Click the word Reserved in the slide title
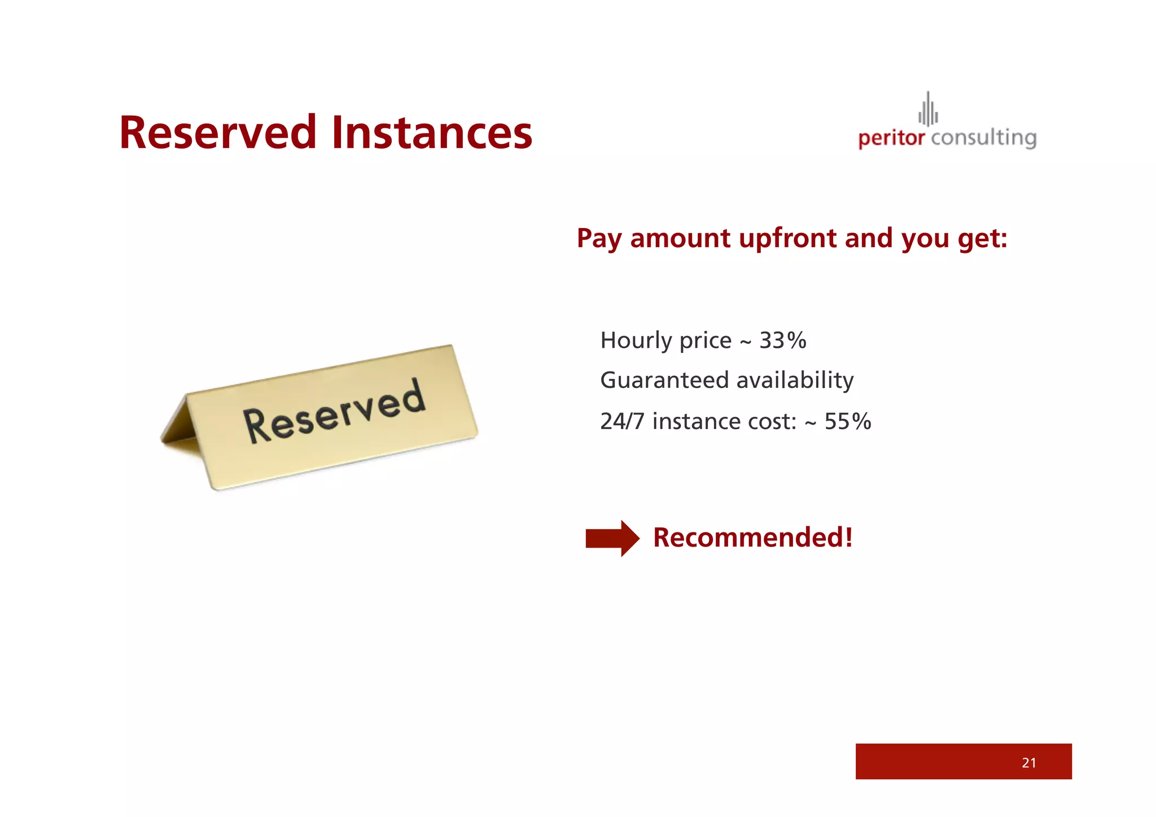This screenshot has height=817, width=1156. pyautogui.click(x=218, y=133)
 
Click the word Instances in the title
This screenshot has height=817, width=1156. pyautogui.click(x=432, y=133)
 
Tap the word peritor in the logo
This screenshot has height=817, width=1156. pyautogui.click(x=891, y=138)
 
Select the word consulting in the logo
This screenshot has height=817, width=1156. pyautogui.click(x=983, y=138)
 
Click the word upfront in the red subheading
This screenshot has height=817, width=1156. pyautogui.click(x=787, y=238)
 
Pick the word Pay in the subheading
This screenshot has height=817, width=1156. pyautogui.click(x=599, y=238)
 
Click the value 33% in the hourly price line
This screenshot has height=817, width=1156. pyautogui.click(x=783, y=340)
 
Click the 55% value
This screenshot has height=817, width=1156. pyautogui.click(x=848, y=422)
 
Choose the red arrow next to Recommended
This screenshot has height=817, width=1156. pyautogui.click(x=612, y=538)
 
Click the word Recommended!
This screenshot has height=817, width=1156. pyautogui.click(x=752, y=538)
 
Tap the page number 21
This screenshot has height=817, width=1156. pyautogui.click(x=1028, y=763)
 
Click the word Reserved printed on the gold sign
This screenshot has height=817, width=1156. pyautogui.click(x=334, y=411)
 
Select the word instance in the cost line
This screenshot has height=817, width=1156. pyautogui.click(x=697, y=422)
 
